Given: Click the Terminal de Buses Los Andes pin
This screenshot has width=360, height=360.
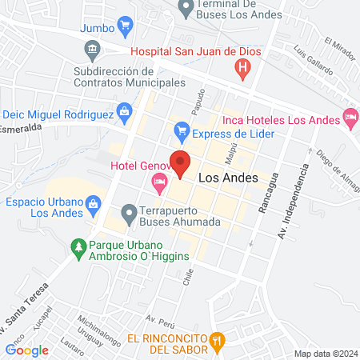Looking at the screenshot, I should point(186,10).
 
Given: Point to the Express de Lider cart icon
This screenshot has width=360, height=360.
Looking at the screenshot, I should point(182,130).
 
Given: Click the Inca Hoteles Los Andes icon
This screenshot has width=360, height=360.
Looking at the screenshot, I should point(350,118).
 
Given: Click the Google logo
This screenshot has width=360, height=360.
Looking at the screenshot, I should point(27,349).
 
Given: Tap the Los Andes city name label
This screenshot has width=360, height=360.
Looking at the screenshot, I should point(222,178).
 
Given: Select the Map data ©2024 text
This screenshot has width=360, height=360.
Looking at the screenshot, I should point(325,353).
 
